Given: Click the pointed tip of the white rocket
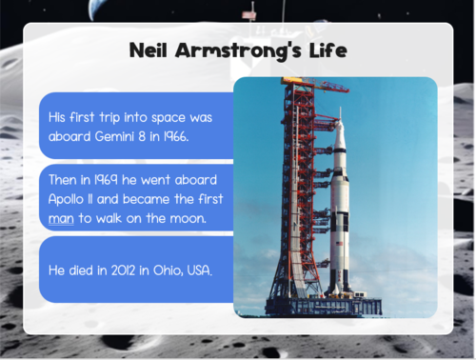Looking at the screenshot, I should point(340,110).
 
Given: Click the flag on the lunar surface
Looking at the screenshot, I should point(250,15).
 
